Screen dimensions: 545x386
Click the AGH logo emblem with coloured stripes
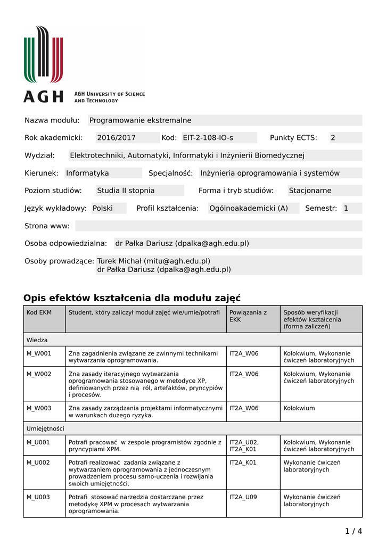coord(44,54)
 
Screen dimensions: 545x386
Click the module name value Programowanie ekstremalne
coord(140,120)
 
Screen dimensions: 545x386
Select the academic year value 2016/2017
coord(116,138)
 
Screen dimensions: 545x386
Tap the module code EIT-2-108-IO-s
coord(208,138)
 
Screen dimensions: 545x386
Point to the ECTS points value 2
coord(333,138)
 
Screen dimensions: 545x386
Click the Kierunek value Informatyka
coord(87,173)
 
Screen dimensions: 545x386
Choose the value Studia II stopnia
coord(126,191)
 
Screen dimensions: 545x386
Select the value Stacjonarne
coord(310,191)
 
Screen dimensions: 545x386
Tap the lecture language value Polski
coord(103,208)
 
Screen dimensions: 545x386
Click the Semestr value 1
coord(346,208)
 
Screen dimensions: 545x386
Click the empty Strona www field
coord(218,226)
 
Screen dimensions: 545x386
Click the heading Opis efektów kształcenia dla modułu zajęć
coord(132,298)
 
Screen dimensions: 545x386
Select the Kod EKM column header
coord(39,312)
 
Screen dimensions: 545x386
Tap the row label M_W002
coord(39,374)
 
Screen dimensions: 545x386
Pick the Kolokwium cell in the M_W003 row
coord(299,408)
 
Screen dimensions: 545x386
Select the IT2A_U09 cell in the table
coord(243,497)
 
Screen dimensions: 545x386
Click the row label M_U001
coord(38,442)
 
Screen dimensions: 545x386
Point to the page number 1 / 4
coord(354,531)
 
